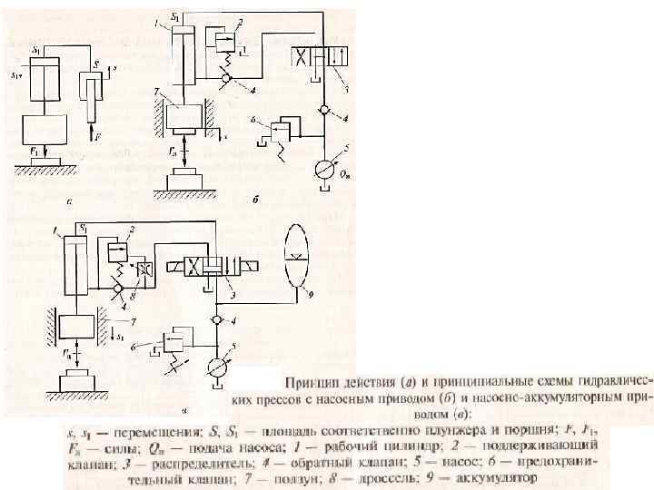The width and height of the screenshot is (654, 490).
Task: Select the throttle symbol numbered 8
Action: click(x=141, y=271)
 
